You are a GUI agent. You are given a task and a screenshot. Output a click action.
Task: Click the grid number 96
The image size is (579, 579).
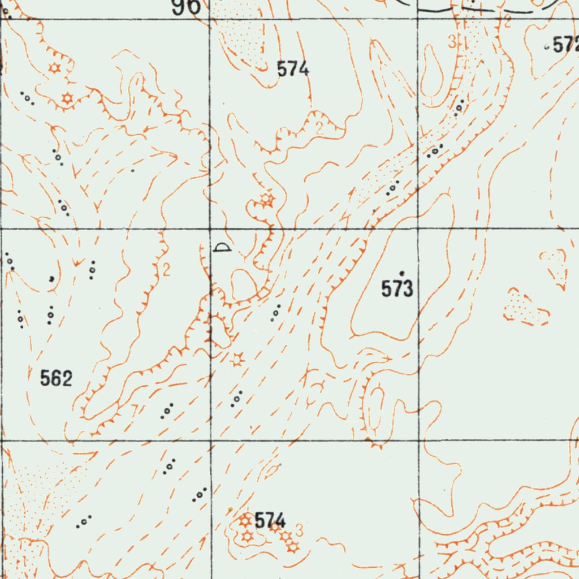coord(186,6)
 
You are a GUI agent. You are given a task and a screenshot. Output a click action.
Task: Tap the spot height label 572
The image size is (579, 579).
coord(566,45)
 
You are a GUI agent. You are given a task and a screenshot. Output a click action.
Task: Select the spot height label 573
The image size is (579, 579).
coord(397,289)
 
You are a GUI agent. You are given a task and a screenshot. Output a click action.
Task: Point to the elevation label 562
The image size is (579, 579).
coord(57,378)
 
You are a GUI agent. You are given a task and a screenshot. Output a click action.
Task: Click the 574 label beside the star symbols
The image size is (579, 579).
coord(270,520)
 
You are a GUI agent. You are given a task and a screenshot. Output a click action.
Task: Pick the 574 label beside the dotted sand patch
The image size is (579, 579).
coord(293,69)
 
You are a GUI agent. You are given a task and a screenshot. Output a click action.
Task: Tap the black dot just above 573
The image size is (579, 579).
coord(402,273)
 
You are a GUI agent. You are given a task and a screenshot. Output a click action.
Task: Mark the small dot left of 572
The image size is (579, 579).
coord(546,47)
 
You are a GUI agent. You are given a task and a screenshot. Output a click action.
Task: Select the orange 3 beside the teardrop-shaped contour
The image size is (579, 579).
coord(451,42)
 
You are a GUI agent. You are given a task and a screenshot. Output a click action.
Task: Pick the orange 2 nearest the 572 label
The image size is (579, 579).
coord(507,22)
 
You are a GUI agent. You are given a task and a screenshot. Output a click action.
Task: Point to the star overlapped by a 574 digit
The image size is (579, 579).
coord(274,526)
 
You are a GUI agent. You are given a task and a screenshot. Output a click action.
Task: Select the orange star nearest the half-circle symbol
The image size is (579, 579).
coord(267,199)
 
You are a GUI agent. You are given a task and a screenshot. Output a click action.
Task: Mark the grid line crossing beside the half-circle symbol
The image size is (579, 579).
coord(210,229)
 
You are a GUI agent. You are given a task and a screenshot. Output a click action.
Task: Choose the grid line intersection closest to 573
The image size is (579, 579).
coord(418,229)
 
